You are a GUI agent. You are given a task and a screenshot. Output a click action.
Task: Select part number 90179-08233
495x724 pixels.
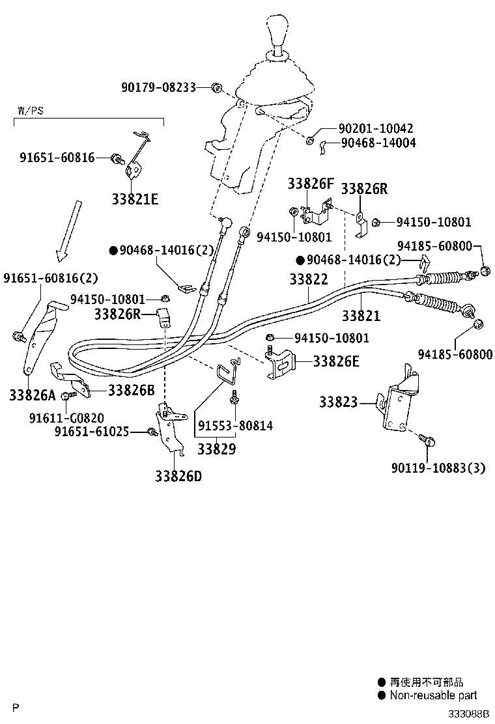pos(158,87)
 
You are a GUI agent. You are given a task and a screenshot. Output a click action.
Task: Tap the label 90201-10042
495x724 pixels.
pos(375,129)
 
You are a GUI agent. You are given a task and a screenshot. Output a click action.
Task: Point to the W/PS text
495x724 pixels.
pos(28,111)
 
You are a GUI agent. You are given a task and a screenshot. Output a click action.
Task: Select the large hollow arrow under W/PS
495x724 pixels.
pos(67,230)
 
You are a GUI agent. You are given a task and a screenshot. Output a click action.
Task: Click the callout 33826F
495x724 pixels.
pos(311,184)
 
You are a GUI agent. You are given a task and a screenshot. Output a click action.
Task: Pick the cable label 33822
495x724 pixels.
pos(309,279)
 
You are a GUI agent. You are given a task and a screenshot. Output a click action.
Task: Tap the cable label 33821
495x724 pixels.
pos(361,316)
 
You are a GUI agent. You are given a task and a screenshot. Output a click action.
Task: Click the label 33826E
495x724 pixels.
pos(335,361)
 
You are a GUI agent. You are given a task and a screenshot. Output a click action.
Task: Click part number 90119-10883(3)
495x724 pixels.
pos(438,467)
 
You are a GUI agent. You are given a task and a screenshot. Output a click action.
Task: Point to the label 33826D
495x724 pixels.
pos(178,476)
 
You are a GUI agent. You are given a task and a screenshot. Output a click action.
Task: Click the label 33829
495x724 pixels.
pos(216,449)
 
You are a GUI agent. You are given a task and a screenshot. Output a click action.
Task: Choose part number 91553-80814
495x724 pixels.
pos(234,426)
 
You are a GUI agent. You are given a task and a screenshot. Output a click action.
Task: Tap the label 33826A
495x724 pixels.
pos(33,395)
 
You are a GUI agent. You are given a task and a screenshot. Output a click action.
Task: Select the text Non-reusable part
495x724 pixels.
pos(433,695)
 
